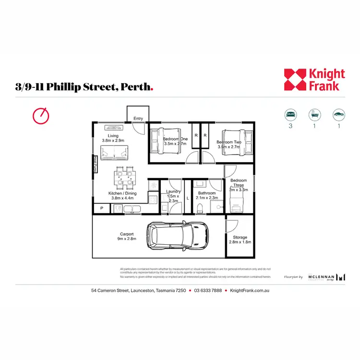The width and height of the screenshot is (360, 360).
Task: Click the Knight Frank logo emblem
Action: [294, 80]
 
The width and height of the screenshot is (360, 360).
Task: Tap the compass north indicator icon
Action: [41, 115]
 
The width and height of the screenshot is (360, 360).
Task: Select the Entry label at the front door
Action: [138, 118]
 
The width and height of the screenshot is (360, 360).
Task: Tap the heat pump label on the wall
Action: [95, 164]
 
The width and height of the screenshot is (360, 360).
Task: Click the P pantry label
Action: [102, 209]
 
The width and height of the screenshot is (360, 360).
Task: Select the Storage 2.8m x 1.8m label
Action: [240, 240]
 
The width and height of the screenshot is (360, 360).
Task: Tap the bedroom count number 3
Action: [290, 126]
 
